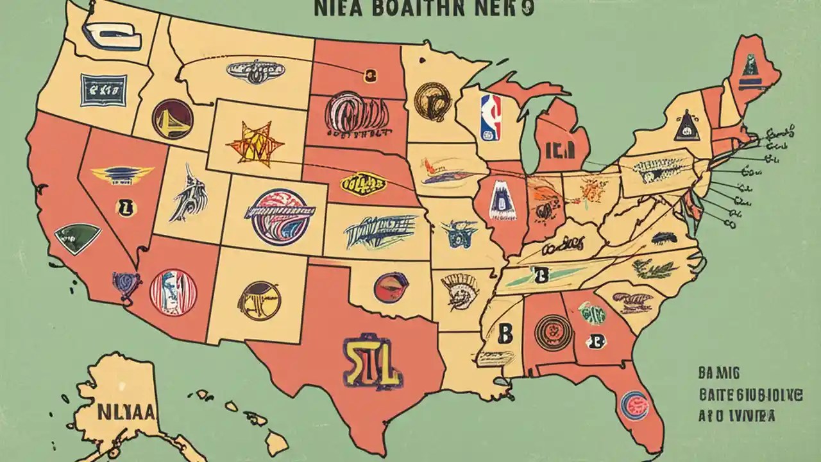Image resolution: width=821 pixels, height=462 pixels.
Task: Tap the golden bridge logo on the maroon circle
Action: pos(173,119)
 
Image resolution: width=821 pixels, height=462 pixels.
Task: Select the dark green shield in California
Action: pos(77,238)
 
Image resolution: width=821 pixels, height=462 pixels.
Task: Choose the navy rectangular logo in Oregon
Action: pos(103,90)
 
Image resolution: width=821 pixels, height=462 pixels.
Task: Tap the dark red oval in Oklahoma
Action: pos(389,287)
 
